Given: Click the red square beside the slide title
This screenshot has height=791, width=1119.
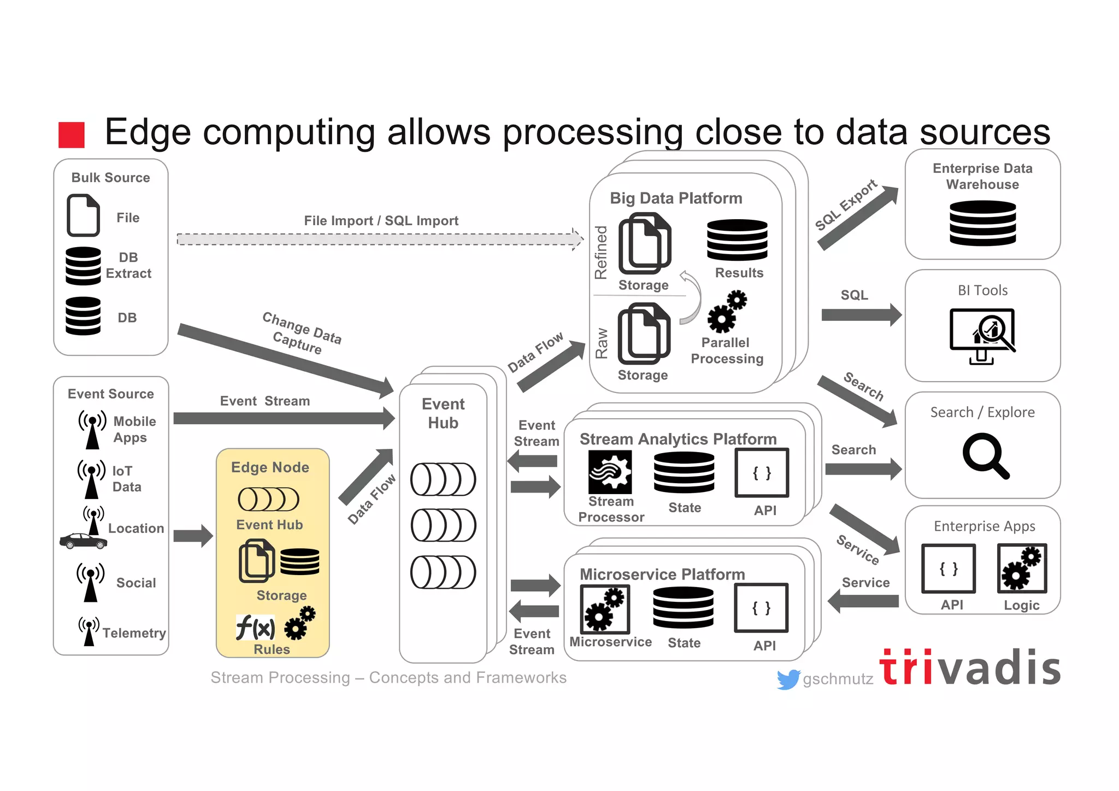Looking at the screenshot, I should point(72,134).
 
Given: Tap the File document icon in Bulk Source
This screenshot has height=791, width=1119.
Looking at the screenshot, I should point(83,215).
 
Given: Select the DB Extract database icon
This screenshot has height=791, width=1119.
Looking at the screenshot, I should point(83,266).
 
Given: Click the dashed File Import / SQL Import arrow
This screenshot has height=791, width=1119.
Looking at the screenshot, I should point(379,239).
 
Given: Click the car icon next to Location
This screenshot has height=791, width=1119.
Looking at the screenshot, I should point(83,541).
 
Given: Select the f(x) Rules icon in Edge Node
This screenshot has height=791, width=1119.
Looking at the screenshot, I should point(255,628).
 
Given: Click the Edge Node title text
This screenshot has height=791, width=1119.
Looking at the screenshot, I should point(270,467).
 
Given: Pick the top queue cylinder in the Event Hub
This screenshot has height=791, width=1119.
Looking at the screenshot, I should point(443,479).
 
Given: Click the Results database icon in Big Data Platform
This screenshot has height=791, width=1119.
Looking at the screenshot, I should point(737,240).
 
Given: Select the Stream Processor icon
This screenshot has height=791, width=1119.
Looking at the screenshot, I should point(610,472).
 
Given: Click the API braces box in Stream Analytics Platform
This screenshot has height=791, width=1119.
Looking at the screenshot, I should point(762,473).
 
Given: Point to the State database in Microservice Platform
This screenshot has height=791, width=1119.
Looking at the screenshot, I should point(683,607).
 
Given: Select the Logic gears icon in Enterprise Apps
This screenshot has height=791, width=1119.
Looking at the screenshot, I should point(1022,569).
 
